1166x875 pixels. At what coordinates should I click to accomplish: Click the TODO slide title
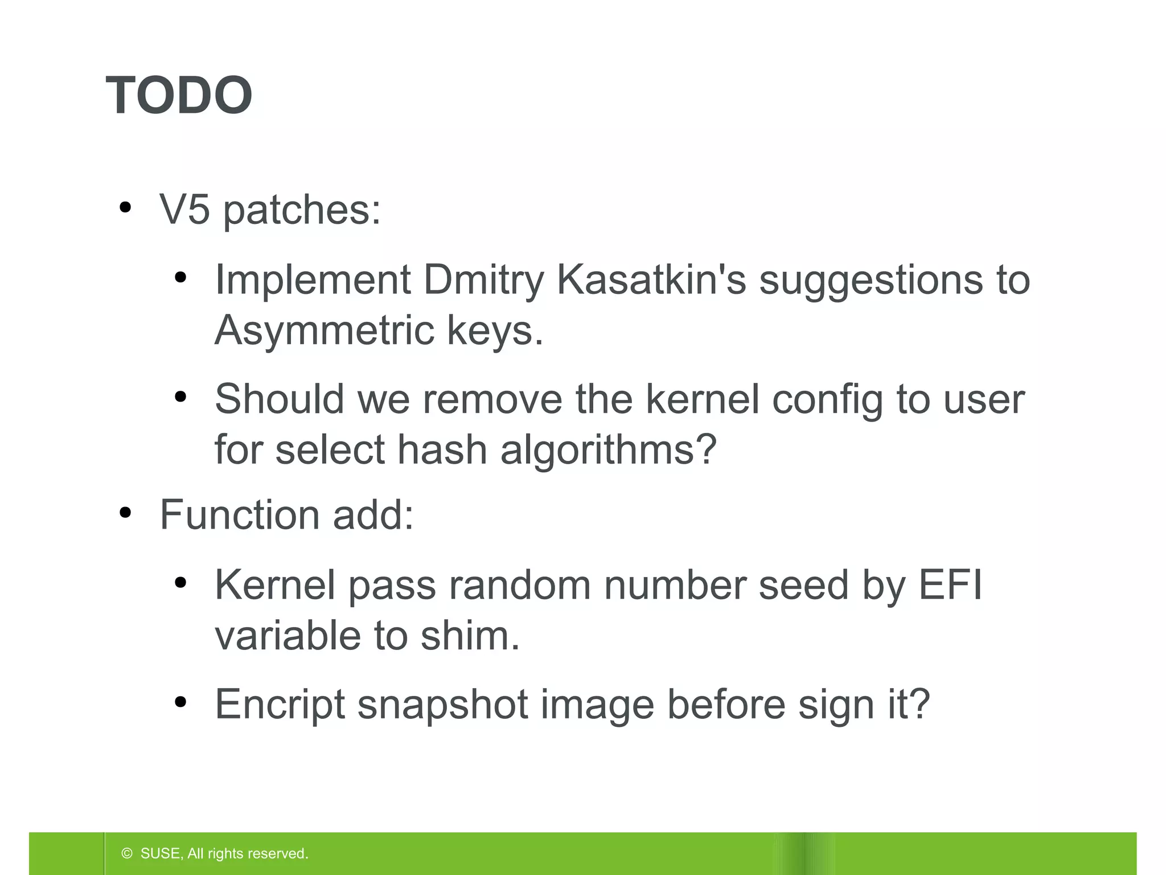tap(179, 95)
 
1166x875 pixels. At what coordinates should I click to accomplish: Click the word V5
tap(184, 210)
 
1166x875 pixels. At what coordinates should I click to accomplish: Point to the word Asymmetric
tap(323, 330)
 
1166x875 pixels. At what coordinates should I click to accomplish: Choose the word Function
tap(239, 514)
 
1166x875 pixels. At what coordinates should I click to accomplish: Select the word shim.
tap(470, 635)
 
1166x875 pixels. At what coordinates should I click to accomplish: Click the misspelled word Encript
tap(280, 705)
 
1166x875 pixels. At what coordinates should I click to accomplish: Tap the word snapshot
tap(442, 705)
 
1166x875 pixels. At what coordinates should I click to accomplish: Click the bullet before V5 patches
tap(125, 208)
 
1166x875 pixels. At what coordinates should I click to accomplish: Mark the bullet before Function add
tap(125, 513)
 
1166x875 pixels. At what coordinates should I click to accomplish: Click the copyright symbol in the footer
tap(127, 853)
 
